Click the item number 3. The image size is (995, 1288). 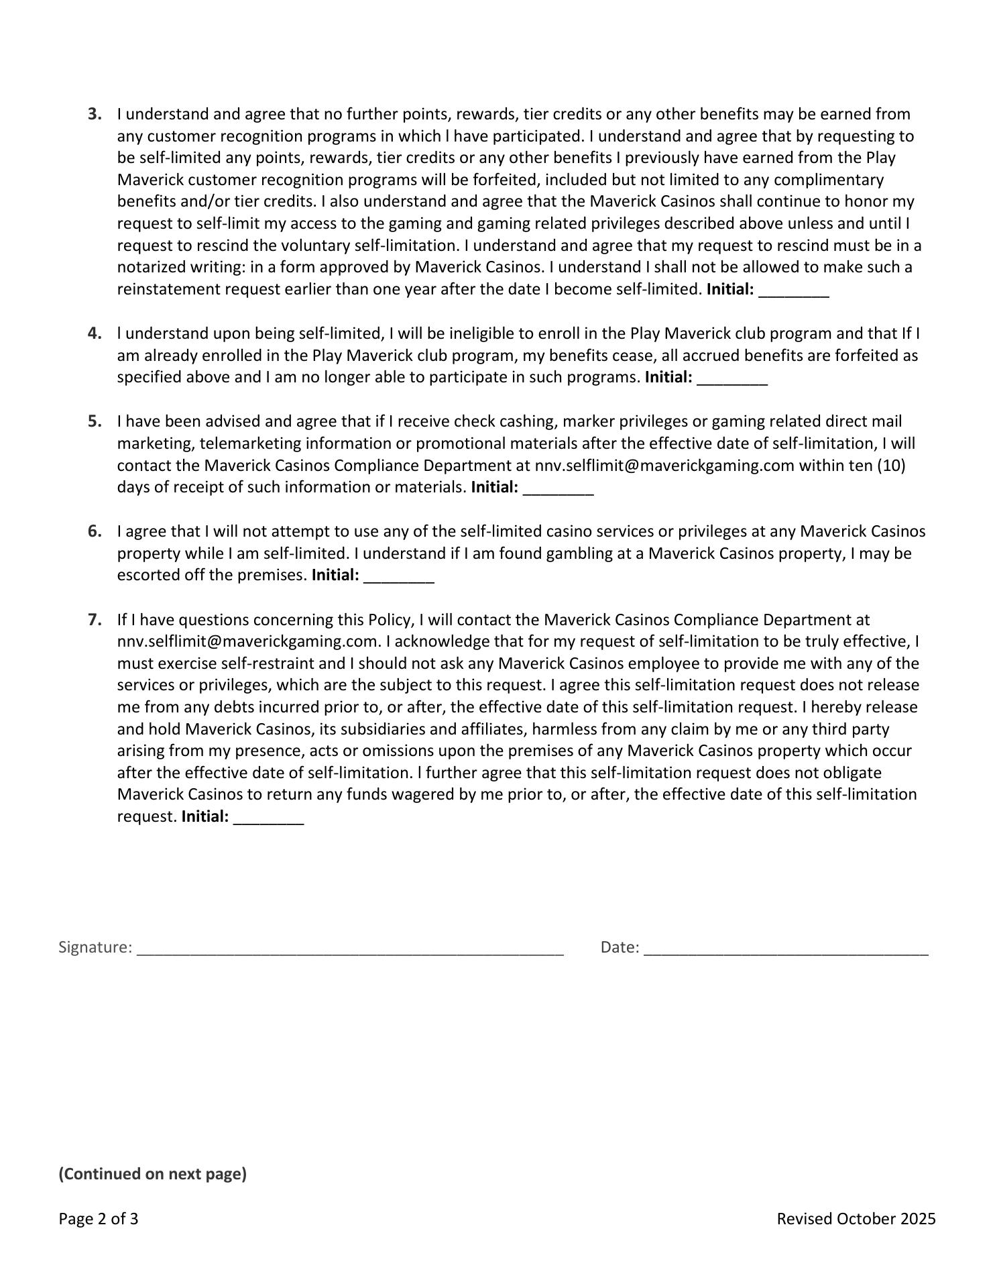point(95,114)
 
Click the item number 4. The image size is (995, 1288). point(95,333)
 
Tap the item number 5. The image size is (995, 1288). point(95,421)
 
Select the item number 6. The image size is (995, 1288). point(95,531)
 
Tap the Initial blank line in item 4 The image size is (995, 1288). point(732,380)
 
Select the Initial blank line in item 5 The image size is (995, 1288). point(558,490)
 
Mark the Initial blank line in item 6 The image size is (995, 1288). point(399,578)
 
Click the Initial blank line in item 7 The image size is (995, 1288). point(268,820)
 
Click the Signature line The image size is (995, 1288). point(350,950)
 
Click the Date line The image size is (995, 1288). point(786,950)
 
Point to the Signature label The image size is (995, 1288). point(95,947)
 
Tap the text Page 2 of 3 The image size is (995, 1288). point(99,1219)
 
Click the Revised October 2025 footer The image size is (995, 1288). point(856,1219)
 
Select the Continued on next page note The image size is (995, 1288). point(153,1174)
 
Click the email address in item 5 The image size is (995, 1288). point(664,466)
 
